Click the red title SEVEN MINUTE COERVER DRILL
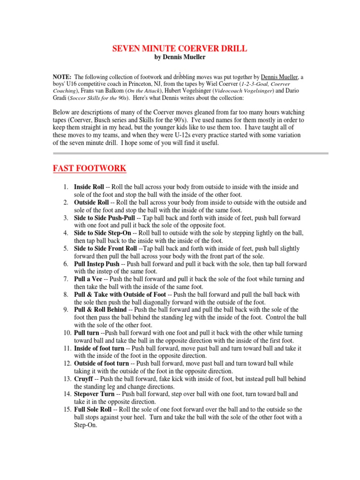tap(180, 48)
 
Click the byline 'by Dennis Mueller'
tap(180, 57)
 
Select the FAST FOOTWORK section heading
tap(89, 168)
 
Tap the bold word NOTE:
tap(62, 77)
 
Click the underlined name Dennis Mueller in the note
tap(280, 77)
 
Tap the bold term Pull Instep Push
tap(97, 264)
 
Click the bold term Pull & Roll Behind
tap(100, 310)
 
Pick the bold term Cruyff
tap(84, 379)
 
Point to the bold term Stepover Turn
tap(94, 394)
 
